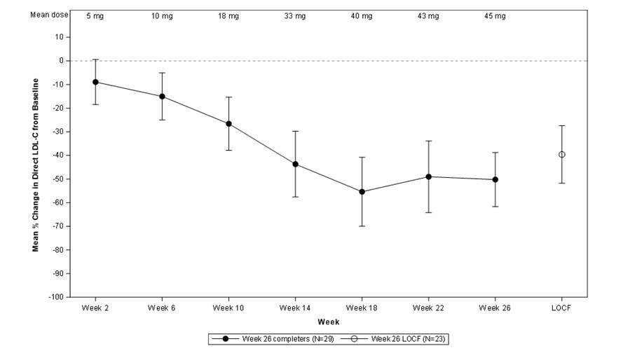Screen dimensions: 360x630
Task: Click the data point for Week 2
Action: click(x=95, y=82)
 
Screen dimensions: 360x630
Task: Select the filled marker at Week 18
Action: click(x=362, y=191)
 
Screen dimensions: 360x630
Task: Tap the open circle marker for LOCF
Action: click(x=562, y=154)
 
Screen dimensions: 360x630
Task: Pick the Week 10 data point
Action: click(x=228, y=123)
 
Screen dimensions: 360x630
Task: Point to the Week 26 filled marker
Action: click(x=495, y=179)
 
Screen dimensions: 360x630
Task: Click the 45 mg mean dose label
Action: click(x=495, y=16)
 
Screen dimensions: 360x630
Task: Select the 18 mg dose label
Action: click(x=228, y=16)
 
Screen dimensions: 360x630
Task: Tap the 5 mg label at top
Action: click(x=95, y=16)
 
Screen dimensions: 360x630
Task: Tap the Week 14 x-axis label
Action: click(x=295, y=307)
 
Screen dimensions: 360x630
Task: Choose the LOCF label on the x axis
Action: click(x=562, y=307)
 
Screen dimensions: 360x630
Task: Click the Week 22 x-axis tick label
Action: click(x=428, y=307)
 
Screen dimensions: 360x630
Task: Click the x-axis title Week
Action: click(x=328, y=321)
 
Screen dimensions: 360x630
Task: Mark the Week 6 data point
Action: click(x=162, y=96)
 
